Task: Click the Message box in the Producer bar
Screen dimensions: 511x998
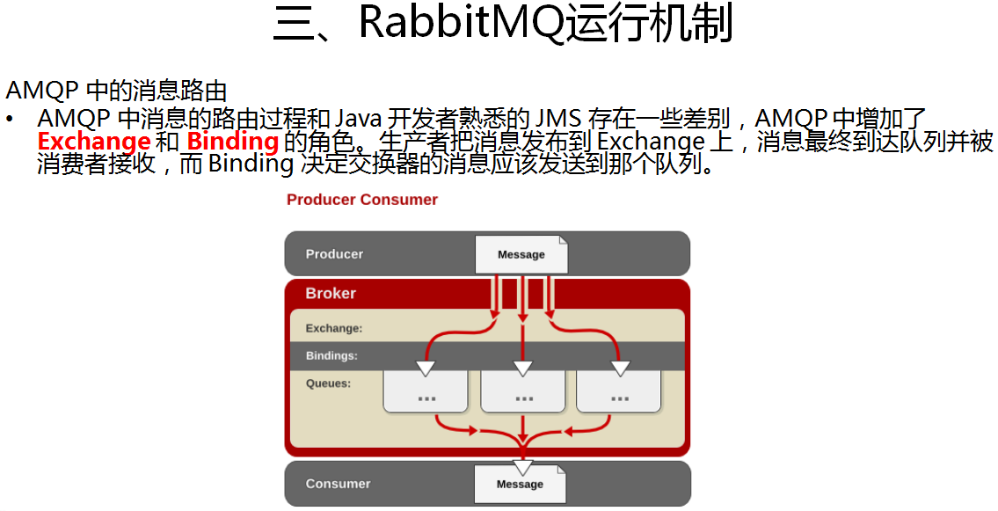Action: [521, 254]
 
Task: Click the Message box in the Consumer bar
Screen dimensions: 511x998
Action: [520, 484]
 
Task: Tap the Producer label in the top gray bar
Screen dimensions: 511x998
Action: [334, 254]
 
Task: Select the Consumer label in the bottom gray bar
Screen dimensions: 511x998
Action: [338, 484]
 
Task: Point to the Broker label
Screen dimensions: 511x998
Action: [331, 294]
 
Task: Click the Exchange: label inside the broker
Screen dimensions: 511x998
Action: [334, 329]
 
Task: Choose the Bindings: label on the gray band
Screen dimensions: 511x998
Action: [331, 356]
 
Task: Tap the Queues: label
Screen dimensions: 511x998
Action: [328, 383]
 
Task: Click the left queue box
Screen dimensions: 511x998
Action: [426, 391]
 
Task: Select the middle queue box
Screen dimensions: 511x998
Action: [523, 391]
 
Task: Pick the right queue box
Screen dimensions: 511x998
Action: [619, 391]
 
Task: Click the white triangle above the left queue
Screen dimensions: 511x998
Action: [426, 368]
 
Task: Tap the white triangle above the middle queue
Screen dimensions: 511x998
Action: [523, 368]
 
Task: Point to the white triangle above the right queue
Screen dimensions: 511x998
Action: [621, 368]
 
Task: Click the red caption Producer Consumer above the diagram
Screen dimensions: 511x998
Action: [362, 200]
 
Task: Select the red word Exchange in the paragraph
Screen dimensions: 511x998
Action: [94, 142]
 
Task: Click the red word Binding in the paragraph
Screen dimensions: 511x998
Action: [233, 142]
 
